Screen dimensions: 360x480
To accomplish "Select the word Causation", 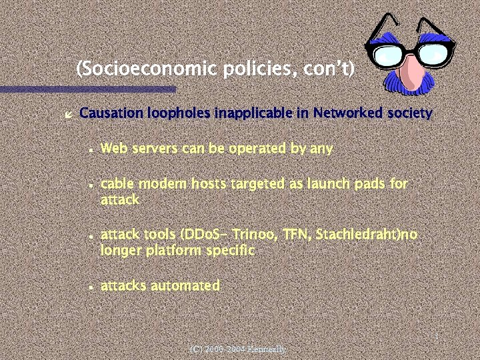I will pyautogui.click(x=109, y=113).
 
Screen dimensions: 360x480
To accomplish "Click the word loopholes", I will pyautogui.click(x=175, y=113).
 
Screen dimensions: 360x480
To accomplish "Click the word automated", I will pyautogui.click(x=185, y=286).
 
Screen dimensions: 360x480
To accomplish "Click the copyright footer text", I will pyautogui.click(x=237, y=349).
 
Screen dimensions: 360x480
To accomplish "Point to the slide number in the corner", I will pyautogui.click(x=435, y=337).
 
